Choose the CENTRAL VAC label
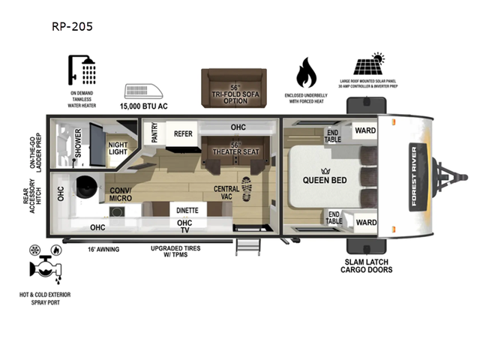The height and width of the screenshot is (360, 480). (226, 193)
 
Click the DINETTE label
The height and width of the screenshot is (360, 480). (187, 211)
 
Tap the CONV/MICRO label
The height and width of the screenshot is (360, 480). (120, 195)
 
